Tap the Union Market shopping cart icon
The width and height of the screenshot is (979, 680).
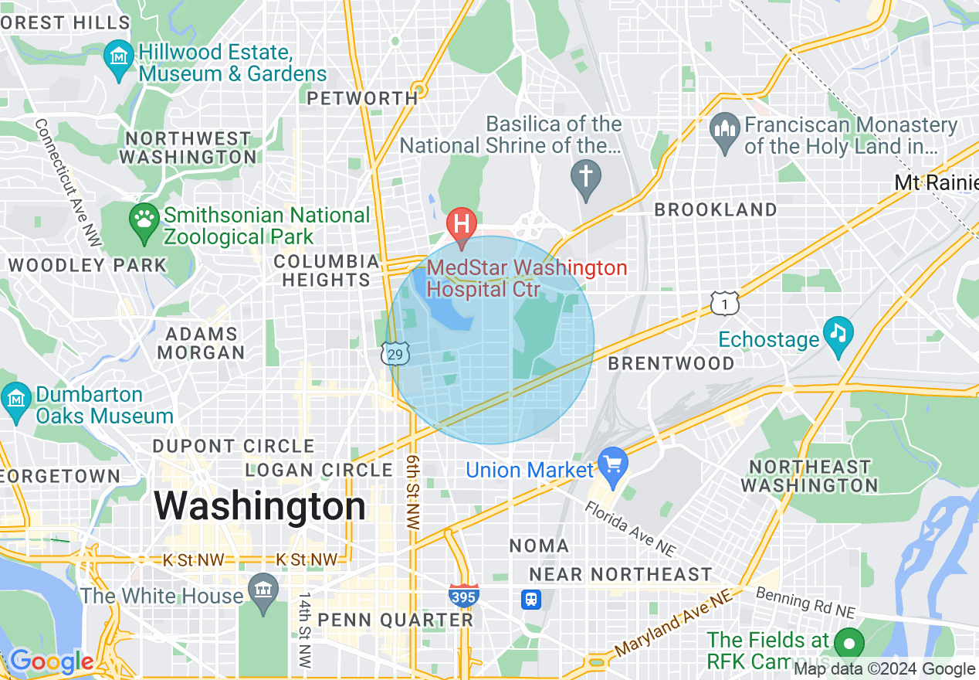coord(614,464)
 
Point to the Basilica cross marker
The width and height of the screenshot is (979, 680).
coord(585,176)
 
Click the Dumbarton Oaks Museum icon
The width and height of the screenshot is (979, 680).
coord(15,399)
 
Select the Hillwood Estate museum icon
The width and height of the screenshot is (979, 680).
coord(120,58)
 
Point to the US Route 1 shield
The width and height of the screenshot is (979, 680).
coord(726,304)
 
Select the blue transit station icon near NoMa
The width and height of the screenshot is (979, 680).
coord(531,600)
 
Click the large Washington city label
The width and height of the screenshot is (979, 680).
coord(259,507)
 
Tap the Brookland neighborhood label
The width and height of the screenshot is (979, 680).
coord(716,210)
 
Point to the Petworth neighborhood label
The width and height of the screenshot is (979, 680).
coord(362,98)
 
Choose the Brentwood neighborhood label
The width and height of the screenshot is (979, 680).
coord(671,363)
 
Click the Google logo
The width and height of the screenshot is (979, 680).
coord(51,662)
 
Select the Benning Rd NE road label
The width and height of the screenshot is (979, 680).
coord(805,603)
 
